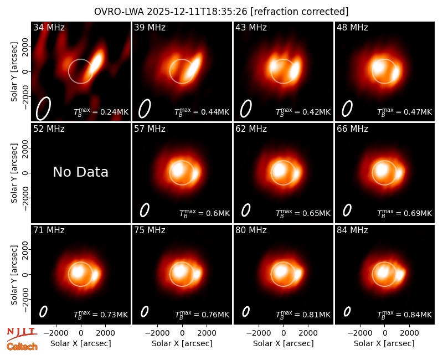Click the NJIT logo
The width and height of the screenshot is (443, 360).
(22, 334)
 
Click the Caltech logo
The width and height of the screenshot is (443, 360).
(22, 347)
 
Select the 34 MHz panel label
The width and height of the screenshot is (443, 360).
(49, 27)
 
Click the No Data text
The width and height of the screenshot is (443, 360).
(80, 172)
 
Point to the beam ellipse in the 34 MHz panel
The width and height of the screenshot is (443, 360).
(43, 109)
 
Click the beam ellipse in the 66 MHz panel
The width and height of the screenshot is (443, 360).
(347, 210)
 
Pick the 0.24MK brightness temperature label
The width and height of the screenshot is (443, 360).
(101, 112)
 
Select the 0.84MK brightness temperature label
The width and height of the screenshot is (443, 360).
(405, 314)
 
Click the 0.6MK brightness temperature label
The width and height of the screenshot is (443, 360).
(205, 213)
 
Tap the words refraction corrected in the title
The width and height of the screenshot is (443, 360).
(300, 12)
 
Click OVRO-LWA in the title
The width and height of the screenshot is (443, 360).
(119, 12)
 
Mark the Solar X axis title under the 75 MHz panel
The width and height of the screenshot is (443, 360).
(182, 343)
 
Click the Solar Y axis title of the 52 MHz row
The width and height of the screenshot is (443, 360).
(14, 173)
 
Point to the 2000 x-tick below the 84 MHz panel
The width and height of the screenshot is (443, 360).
(409, 333)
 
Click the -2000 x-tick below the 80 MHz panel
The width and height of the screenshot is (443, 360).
(259, 333)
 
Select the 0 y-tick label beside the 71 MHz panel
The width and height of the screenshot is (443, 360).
(25, 274)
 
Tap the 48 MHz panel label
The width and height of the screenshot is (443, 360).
(352, 27)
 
